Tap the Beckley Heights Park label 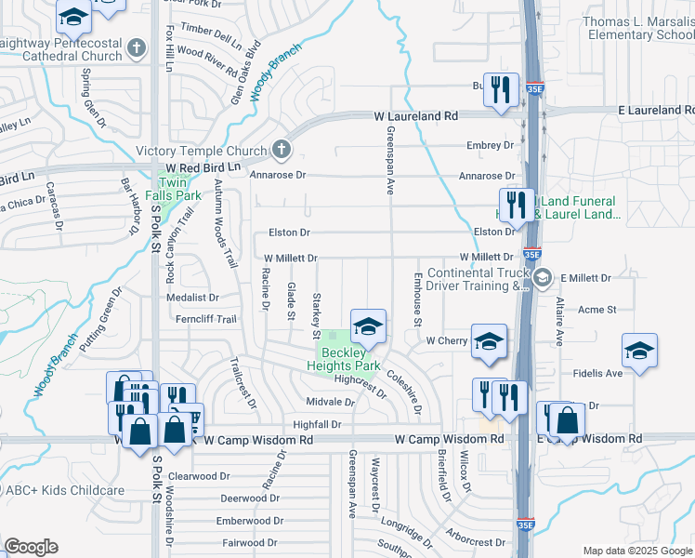pyautogui.click(x=344, y=359)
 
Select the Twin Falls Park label pyautogui.click(x=177, y=189)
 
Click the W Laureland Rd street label pyautogui.click(x=416, y=116)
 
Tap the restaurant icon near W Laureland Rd pyautogui.click(x=501, y=89)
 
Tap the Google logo pyautogui.click(x=32, y=547)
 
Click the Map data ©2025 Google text pyautogui.click(x=636, y=551)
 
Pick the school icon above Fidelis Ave pyautogui.click(x=638, y=351)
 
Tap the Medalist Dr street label pyautogui.click(x=191, y=299)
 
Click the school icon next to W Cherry pyautogui.click(x=488, y=341)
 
